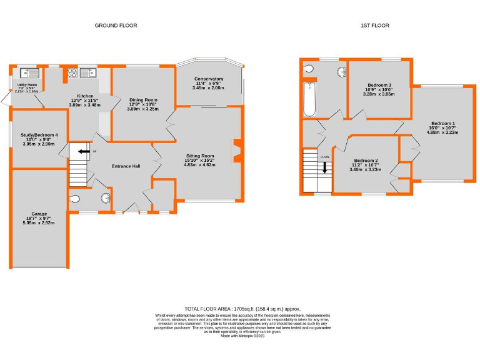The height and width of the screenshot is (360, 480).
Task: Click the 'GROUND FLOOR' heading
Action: coord(116,26)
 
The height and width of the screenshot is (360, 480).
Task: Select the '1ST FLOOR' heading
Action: coord(375,26)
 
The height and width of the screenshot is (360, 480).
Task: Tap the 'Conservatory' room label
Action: coord(208,79)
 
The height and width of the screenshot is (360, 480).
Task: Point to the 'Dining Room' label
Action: coord(143,99)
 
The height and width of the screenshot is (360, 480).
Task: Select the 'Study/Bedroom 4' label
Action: coord(39,135)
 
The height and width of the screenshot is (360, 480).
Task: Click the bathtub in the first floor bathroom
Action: coord(309,99)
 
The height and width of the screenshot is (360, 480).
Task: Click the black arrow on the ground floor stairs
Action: coord(82,151)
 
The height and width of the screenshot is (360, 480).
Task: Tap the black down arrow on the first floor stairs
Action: coord(324,167)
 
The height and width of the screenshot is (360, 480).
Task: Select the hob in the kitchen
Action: coord(71,73)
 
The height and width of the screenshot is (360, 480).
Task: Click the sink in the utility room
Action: coord(29,72)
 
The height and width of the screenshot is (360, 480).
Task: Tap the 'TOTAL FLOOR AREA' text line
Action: coord(242,309)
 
